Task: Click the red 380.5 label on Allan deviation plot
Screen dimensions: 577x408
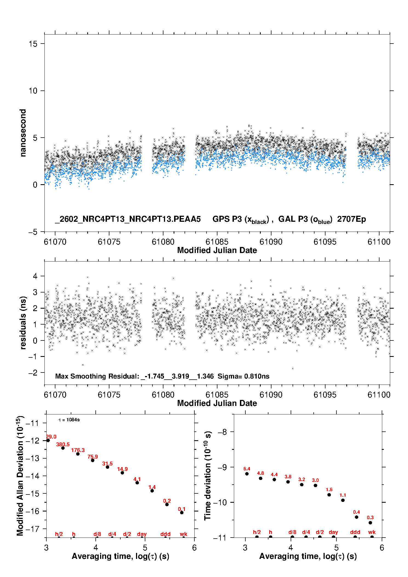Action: [x=63, y=444]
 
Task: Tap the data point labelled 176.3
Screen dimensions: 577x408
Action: [x=78, y=454]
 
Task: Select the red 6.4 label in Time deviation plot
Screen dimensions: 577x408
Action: [x=247, y=469]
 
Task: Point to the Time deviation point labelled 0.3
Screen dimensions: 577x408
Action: [x=370, y=523]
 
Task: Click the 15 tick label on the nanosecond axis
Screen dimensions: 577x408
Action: [x=33, y=44]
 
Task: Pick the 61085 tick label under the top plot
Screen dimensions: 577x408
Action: [x=217, y=242]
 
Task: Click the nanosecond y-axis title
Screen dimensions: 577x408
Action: [x=23, y=133]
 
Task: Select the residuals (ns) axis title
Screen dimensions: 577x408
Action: [x=23, y=323]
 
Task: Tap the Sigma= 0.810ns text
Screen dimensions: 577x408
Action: [x=243, y=376]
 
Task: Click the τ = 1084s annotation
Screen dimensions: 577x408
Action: [x=69, y=420]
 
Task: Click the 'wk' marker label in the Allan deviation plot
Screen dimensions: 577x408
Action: [x=183, y=534]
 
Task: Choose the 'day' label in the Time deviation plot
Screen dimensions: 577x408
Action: [x=333, y=532]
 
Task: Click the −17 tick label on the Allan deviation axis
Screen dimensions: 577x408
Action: [x=32, y=529]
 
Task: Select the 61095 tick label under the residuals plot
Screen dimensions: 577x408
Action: [x=325, y=395]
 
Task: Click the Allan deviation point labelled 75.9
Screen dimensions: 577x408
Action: [x=93, y=460]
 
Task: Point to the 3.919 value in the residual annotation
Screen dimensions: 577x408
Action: [x=180, y=376]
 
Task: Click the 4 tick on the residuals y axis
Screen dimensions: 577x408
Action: [x=35, y=276]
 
